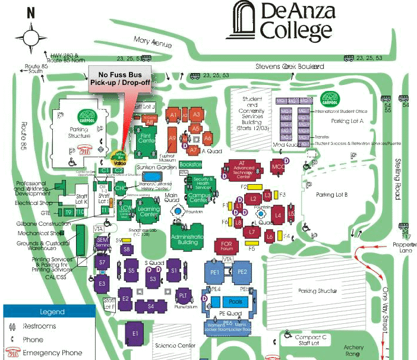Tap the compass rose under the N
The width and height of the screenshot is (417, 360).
[31, 37]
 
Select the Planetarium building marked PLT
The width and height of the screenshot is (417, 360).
[184, 295]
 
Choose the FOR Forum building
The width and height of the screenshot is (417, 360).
[226, 245]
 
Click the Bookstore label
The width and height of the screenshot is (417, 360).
[191, 164]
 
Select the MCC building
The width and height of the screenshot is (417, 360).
[277, 166]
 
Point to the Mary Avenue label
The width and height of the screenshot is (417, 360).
[153, 43]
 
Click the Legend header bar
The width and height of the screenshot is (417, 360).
[48, 311]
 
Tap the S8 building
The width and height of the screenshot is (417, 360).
[127, 250]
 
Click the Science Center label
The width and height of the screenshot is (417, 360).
[175, 345]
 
